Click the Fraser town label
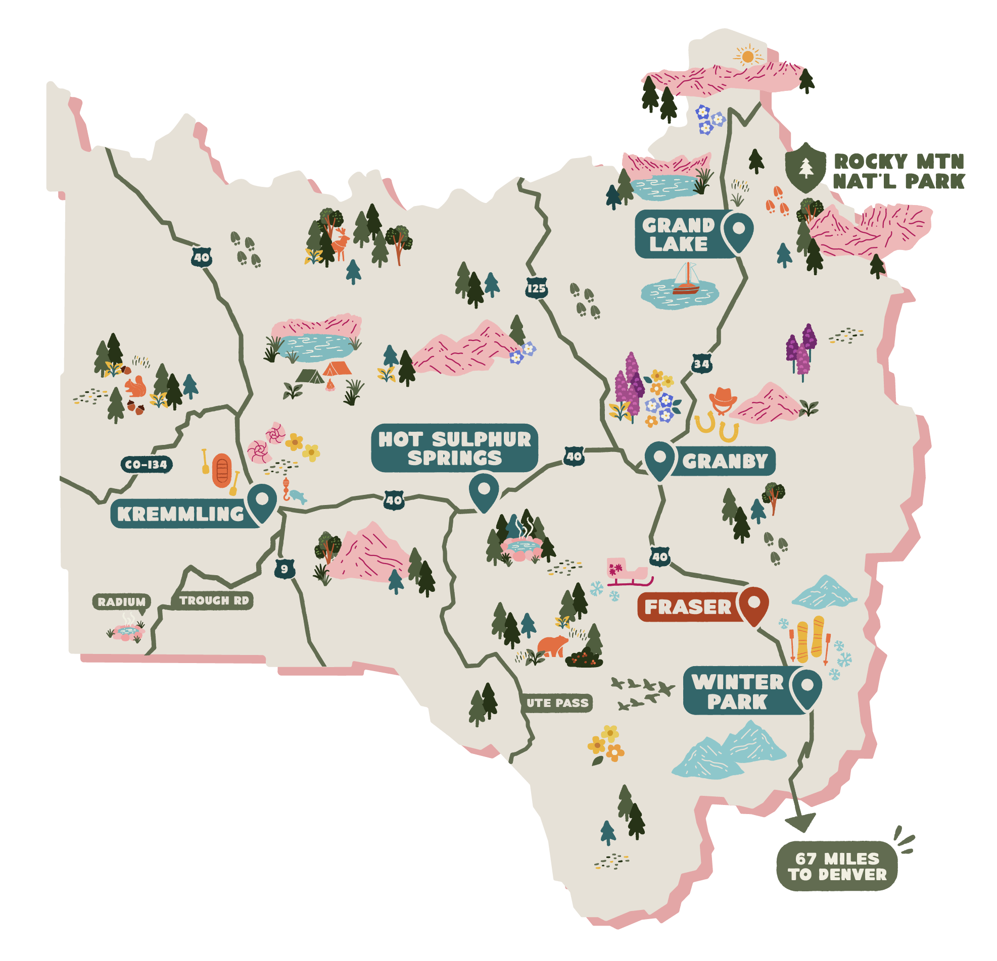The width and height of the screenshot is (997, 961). coord(688,607)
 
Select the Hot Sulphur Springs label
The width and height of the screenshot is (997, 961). coord(454,448)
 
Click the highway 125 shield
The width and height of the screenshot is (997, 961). coord(536,288)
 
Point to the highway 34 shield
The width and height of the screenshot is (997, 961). coord(701,364)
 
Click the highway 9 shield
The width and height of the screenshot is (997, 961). coord(284,569)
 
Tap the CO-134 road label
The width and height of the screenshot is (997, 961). coord(147,464)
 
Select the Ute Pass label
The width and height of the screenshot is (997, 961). coord(557,703)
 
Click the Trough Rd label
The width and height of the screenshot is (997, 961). coord(214,600)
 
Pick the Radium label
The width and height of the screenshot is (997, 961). coord(122,601)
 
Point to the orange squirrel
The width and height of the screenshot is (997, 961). coord(135,387)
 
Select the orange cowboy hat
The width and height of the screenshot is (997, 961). coord(722,397)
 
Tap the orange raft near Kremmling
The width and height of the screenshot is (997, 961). coord(222,470)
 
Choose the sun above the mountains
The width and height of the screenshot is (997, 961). coord(747,56)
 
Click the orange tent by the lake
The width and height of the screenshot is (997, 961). coord(337,368)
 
